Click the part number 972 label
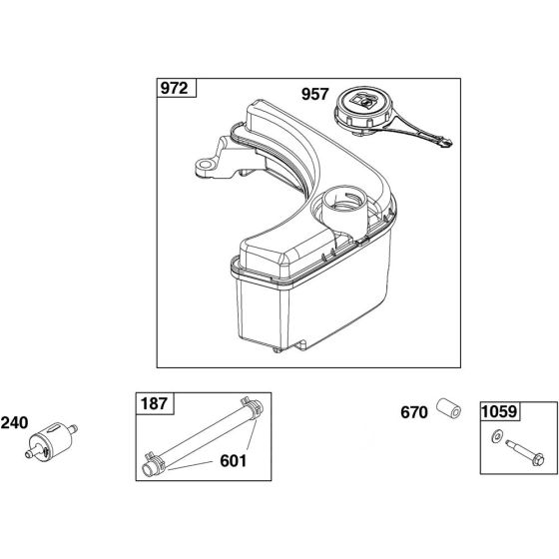click(x=174, y=88)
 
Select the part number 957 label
click(x=314, y=94)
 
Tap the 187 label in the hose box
click(x=154, y=404)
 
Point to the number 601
click(x=234, y=461)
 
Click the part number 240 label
click(x=14, y=423)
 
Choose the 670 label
click(x=414, y=412)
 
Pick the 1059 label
click(x=499, y=411)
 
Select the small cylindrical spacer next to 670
click(x=449, y=408)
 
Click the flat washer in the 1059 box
click(x=496, y=437)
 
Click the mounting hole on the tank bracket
click(x=205, y=165)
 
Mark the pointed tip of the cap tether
click(x=450, y=144)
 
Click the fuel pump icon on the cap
click(x=363, y=101)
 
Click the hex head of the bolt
click(x=539, y=460)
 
